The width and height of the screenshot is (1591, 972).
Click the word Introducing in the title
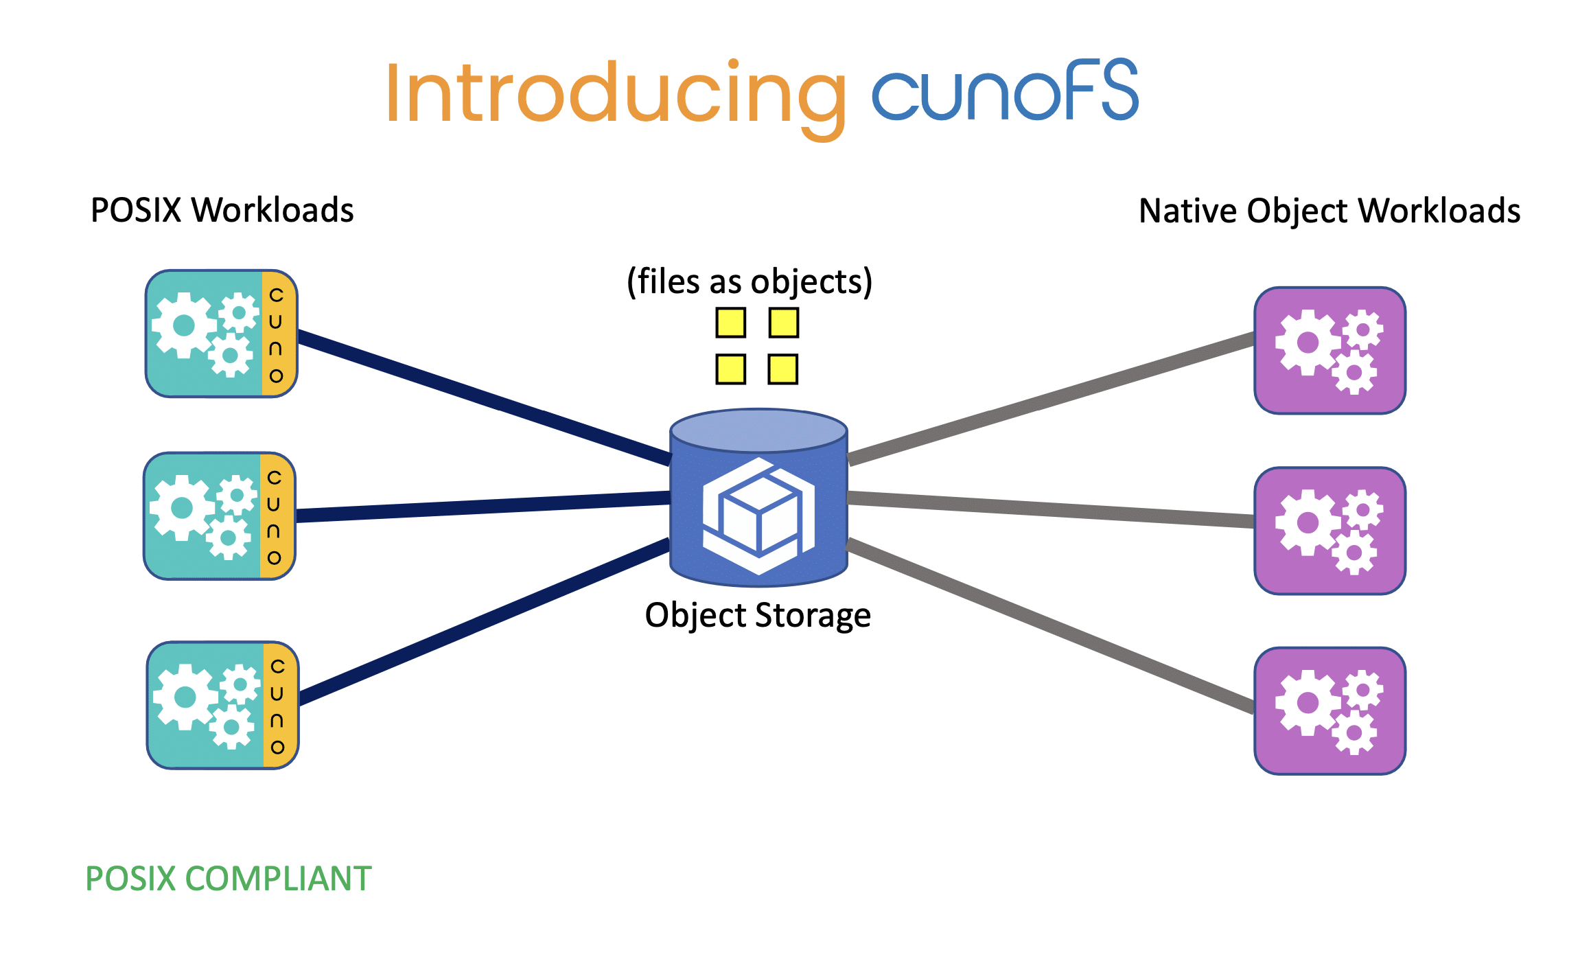tap(614, 93)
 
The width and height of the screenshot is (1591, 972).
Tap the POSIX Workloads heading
tap(222, 210)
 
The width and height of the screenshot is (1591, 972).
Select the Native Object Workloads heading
tap(1329, 211)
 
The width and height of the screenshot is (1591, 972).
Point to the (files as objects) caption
tap(750, 281)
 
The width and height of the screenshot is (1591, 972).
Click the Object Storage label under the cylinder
tap(758, 615)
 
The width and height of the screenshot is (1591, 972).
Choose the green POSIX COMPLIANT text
tap(229, 879)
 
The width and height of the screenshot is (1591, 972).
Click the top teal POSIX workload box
tap(206, 334)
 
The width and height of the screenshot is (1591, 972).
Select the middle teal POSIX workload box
tap(204, 516)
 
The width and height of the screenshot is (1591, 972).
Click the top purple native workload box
tap(1329, 351)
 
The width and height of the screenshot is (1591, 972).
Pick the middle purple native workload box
tap(1329, 531)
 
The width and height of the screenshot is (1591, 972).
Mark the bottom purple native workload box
tap(1329, 710)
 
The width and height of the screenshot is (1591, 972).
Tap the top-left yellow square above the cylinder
tap(730, 323)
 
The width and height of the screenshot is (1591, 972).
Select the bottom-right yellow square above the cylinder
tap(783, 369)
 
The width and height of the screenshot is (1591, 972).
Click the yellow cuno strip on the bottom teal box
tap(278, 706)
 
